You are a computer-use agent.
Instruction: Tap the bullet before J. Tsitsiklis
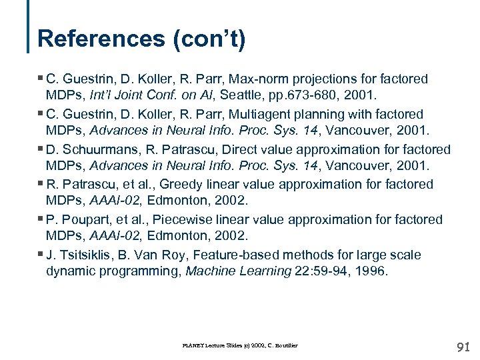pos(41,254)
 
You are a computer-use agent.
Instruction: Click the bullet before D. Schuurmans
pos(41,149)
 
